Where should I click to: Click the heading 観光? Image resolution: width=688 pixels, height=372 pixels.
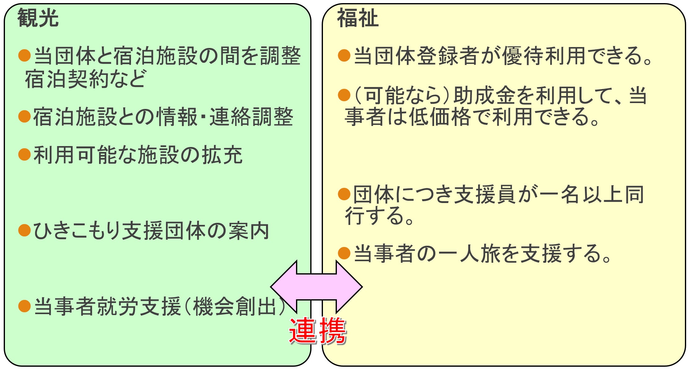click(38, 18)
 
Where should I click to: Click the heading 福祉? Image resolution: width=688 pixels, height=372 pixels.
click(357, 18)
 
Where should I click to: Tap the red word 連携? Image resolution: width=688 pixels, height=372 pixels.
click(318, 331)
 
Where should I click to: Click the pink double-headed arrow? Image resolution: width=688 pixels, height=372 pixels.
click(316, 287)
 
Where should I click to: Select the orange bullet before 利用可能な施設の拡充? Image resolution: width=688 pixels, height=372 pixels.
click(24, 154)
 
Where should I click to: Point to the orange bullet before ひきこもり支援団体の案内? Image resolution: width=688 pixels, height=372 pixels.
click(24, 231)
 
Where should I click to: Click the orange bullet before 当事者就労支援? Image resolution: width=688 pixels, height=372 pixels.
click(24, 306)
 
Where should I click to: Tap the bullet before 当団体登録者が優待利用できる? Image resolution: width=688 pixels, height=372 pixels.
click(344, 56)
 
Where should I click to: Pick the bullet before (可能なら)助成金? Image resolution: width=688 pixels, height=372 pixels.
click(344, 95)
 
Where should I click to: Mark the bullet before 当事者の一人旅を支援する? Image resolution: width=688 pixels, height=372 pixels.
click(344, 253)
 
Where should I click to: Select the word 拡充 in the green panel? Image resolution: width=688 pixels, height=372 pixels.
click(222, 155)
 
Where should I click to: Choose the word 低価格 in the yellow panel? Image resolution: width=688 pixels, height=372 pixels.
click(440, 117)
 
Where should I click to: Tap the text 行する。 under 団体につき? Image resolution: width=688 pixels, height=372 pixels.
click(379, 215)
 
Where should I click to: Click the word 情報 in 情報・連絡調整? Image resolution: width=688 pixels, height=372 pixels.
click(177, 117)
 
